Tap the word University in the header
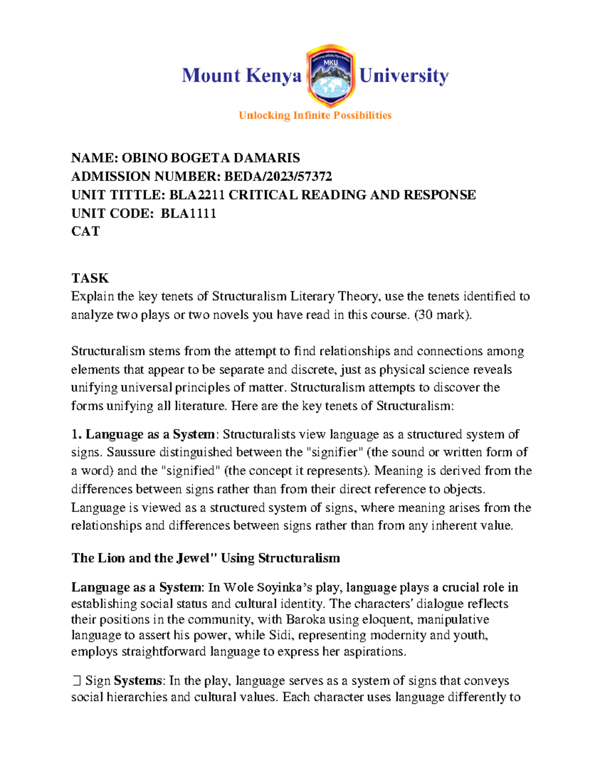point(403,76)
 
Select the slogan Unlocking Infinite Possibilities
point(315,115)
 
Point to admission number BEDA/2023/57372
point(278,176)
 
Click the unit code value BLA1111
point(188,213)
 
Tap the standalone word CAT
point(86,231)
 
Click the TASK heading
point(90,278)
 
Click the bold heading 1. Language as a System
point(143,434)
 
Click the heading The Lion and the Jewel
point(206,558)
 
